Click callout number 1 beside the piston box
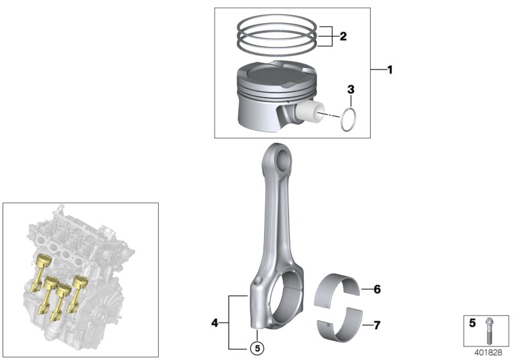click(389, 69)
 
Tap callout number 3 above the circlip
click(351, 89)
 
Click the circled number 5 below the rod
click(256, 349)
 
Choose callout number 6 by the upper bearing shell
click(377, 290)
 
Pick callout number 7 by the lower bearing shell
click(377, 325)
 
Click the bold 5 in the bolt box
click(472, 325)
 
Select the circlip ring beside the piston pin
click(348, 120)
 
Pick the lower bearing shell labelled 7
click(340, 323)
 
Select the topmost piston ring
click(277, 24)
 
